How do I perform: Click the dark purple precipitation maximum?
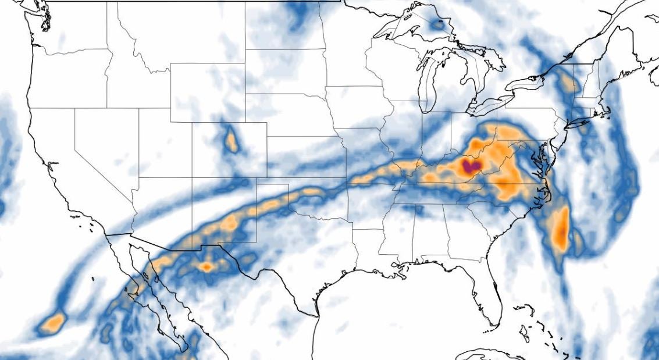[x=471, y=168]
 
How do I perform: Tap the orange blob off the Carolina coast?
[x=561, y=229]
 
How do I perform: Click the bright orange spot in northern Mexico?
[x=206, y=267]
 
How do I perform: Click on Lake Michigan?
[x=428, y=81]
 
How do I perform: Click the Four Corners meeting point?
[x=193, y=178]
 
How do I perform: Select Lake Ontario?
[x=526, y=85]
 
